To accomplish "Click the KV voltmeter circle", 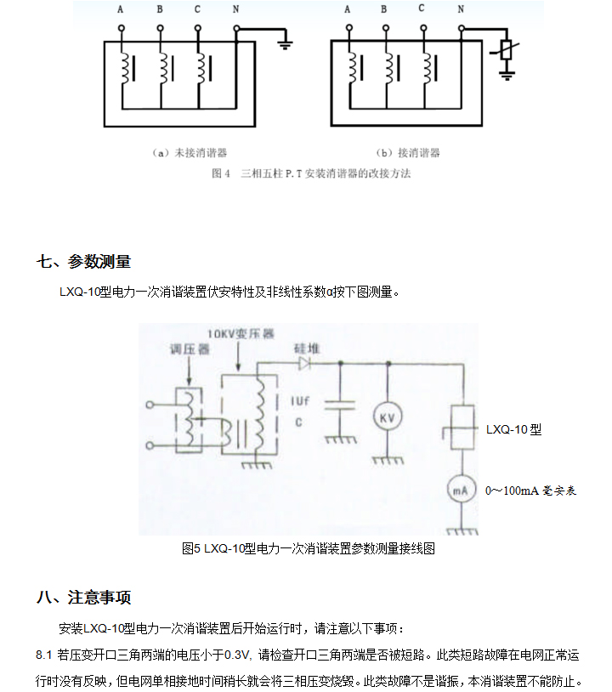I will (388, 419).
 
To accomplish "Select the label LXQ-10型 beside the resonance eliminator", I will (513, 429).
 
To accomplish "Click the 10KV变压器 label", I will (241, 335).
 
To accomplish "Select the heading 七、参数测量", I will (83, 261).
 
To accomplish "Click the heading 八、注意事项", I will (83, 597).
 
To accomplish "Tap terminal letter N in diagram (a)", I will (235, 9).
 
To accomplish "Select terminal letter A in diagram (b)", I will (347, 9).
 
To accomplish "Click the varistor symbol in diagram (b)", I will (507, 50).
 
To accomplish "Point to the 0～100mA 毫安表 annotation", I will (530, 491).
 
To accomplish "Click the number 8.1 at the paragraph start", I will (44, 655).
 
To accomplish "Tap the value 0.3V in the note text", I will (239, 655).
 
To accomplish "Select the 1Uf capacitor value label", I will (299, 400).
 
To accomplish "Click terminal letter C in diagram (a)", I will (197, 9).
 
